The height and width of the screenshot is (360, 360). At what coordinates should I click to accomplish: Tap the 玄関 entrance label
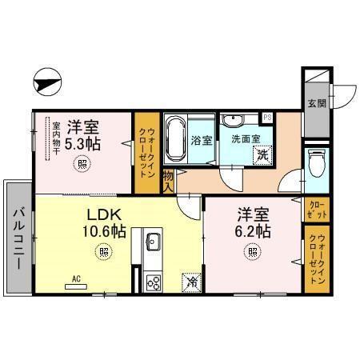point(316,102)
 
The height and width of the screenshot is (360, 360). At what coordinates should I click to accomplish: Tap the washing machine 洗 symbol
point(261,156)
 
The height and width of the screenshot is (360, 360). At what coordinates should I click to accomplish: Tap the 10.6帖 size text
point(106,231)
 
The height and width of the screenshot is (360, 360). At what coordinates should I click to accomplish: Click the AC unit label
point(77,278)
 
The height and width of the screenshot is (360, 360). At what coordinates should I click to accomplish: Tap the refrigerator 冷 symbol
point(192,282)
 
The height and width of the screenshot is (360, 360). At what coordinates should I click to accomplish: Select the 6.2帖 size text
point(253,231)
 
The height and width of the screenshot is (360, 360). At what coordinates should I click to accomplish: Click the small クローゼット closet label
point(317,210)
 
